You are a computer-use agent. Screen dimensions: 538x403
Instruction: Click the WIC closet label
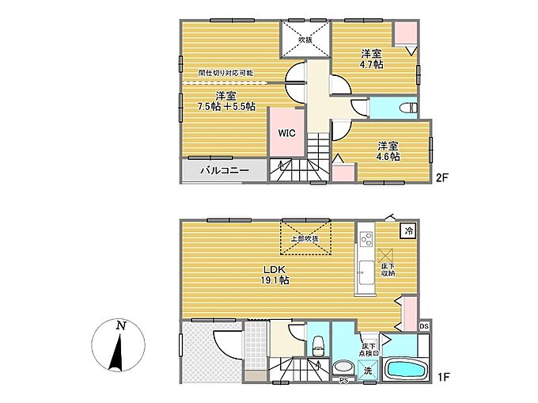pos(286,133)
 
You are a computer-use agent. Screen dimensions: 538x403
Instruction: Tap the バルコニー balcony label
pos(225,170)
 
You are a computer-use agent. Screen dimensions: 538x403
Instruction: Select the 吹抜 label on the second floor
pos(305,40)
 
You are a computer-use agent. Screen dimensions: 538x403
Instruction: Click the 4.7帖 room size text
pos(372,65)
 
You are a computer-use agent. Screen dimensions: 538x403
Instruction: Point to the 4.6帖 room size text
pos(388,157)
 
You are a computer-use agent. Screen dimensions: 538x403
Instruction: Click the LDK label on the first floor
pos(275,269)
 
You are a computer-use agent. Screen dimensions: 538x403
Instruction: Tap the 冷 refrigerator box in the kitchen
pos(409,230)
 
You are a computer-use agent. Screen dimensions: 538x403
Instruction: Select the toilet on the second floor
pos(409,108)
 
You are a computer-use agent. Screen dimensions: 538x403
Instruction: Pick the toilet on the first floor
pos(319,346)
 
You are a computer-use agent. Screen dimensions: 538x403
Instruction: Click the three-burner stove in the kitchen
pos(366,239)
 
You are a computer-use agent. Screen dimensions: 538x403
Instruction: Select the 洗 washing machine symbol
pos(368,371)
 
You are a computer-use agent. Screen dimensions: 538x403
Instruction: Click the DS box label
pos(424,326)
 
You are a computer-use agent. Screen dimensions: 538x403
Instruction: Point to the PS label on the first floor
pos(343,380)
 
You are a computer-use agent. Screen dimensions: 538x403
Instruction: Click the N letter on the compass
pos(120,325)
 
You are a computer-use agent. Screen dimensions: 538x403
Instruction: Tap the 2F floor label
pos(442,178)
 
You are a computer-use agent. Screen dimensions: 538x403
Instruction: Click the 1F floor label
pos(443,377)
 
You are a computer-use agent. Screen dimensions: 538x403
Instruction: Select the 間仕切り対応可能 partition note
pos(225,73)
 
